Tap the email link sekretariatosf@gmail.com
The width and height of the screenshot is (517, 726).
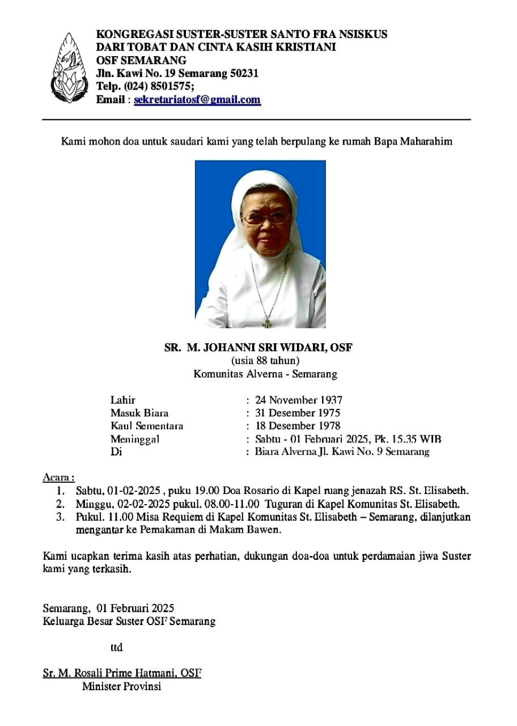click(197, 100)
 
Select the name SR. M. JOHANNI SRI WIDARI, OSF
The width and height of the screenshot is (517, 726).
click(258, 348)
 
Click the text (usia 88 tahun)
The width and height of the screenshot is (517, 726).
click(265, 361)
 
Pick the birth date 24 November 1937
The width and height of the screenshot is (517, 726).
click(299, 400)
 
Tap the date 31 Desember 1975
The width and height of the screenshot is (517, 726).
click(298, 413)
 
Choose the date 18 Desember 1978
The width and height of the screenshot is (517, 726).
click(298, 426)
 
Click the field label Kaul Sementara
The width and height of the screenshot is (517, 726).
click(147, 426)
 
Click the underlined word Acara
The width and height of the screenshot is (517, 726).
click(58, 477)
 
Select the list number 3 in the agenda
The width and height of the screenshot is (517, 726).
click(60, 517)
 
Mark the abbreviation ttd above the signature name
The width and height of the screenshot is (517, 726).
click(116, 647)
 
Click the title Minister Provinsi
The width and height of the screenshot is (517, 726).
click(121, 686)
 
